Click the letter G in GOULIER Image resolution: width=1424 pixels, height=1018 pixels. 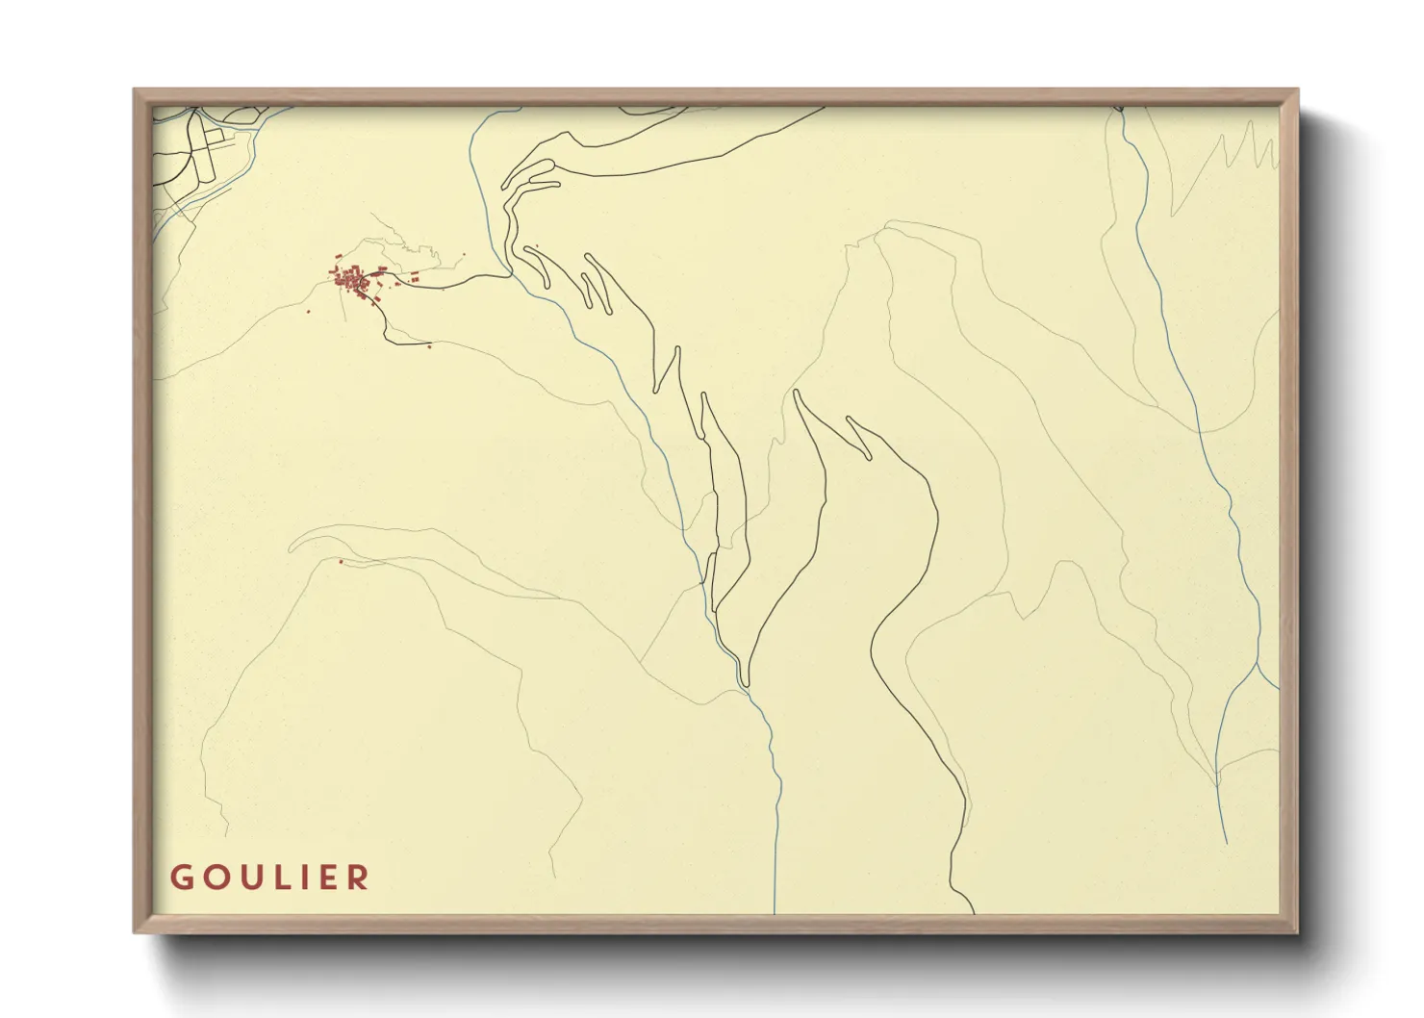click(x=180, y=878)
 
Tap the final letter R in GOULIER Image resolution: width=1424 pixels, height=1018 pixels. click(x=359, y=878)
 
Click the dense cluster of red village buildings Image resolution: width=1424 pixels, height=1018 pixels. click(x=352, y=281)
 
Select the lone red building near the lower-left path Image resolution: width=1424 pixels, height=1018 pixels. click(x=341, y=562)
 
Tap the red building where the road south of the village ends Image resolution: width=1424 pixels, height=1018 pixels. click(x=429, y=344)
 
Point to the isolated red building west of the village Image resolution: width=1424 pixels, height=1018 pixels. click(x=309, y=311)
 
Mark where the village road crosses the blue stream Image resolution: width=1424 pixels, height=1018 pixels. click(x=508, y=274)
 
